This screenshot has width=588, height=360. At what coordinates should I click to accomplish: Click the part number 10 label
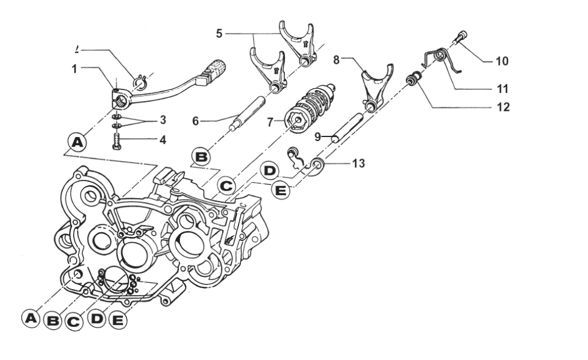point(502,60)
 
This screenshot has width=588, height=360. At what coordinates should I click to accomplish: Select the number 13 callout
point(358,163)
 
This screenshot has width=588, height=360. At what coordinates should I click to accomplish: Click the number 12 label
point(502,107)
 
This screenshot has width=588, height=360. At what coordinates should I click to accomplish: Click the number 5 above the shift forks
point(219,33)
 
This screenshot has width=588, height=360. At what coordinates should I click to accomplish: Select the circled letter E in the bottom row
point(118,319)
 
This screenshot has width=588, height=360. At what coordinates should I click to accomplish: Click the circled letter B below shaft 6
point(201,157)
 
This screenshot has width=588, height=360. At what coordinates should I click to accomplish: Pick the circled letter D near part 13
point(270,171)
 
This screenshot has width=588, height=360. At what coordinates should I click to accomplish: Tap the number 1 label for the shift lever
point(74,69)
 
